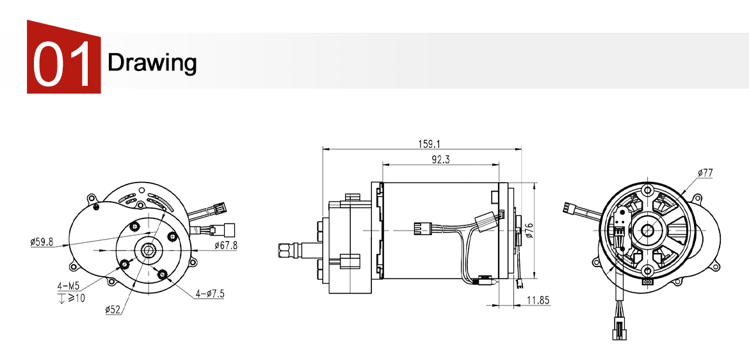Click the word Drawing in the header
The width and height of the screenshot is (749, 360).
point(152,63)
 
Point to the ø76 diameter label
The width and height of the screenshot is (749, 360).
point(529,231)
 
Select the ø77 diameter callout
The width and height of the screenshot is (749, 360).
point(705,173)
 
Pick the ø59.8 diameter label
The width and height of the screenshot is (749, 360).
point(41,242)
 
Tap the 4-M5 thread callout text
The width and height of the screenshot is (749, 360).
point(67,285)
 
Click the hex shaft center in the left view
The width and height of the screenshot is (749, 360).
point(148,249)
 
